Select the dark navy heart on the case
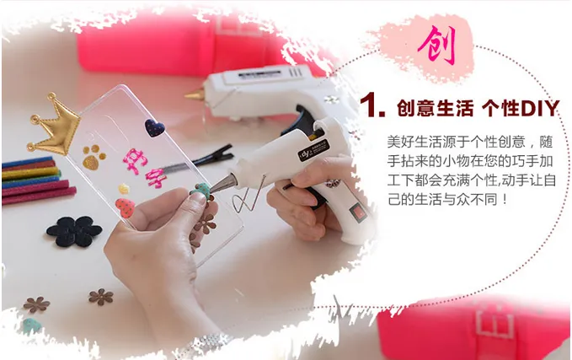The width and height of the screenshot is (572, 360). pos(154,128)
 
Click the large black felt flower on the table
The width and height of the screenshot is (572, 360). pos(74,230)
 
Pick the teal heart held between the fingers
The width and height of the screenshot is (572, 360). pos(202,191)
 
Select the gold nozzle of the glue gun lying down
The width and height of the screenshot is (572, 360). pos(195,94)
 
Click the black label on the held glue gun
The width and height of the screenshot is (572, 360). pos(313,150)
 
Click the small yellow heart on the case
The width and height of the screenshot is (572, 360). pos(124,189)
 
